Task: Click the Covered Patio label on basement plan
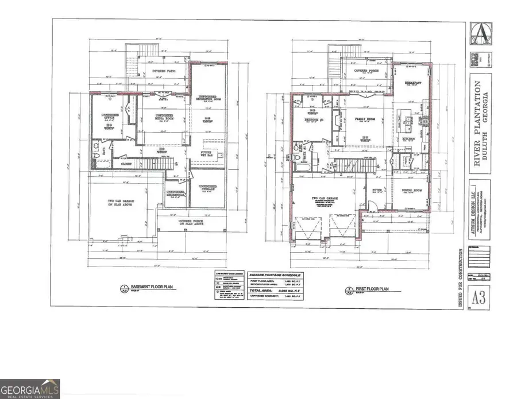164,71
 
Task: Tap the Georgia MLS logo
30,388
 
